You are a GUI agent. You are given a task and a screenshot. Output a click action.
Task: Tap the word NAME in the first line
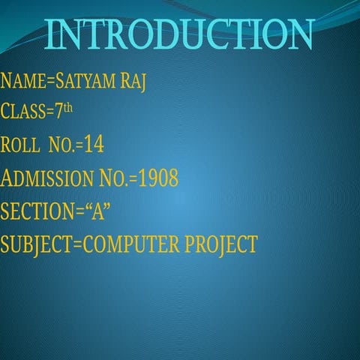pos(22,82)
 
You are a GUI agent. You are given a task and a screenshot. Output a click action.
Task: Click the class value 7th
pos(63,112)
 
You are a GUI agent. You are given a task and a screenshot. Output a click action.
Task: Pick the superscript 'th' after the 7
pos(68,109)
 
